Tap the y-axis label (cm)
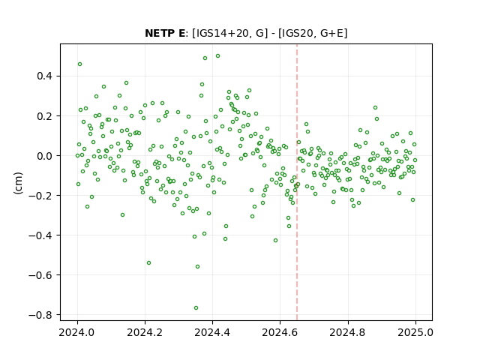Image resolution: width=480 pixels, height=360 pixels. (x=18, y=183)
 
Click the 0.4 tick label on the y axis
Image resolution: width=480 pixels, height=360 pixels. (x=44, y=76)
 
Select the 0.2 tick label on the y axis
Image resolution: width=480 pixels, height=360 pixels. (x=44, y=116)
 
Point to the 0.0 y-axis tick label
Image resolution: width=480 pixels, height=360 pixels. (x=44, y=156)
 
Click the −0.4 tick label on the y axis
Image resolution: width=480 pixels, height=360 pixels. (x=40, y=235)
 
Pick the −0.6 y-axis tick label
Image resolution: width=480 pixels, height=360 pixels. (x=40, y=275)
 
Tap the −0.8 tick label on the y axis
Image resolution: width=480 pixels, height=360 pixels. (x=40, y=315)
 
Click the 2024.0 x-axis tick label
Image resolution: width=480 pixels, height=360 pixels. (x=77, y=332)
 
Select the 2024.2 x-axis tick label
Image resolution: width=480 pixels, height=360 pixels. (x=145, y=332)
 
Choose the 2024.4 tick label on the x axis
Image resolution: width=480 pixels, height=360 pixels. (x=212, y=332)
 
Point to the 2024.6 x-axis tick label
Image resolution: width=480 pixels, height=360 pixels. (x=280, y=332)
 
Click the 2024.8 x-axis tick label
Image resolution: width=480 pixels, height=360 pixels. (x=348, y=332)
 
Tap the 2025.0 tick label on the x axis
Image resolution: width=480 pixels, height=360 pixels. (x=415, y=332)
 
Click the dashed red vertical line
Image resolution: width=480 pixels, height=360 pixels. (x=297, y=182)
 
